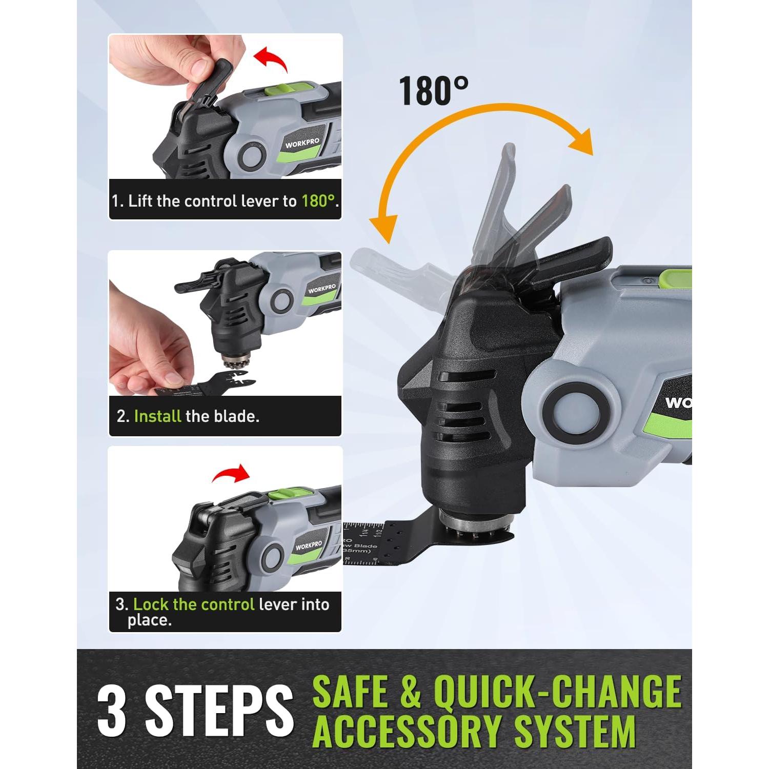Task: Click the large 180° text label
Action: point(433,91)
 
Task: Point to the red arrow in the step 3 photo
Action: point(231,473)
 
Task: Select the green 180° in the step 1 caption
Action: point(318,201)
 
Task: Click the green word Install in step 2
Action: point(157,416)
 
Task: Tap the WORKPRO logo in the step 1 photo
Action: point(302,143)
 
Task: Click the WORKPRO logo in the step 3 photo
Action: point(308,545)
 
